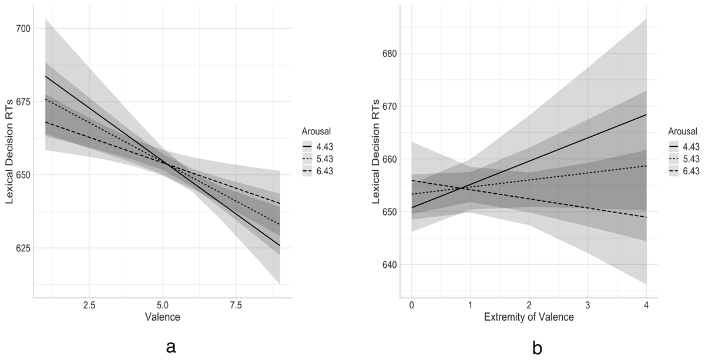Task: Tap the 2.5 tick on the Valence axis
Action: tap(89, 305)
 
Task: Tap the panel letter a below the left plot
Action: tap(171, 347)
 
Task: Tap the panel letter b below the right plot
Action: tap(537, 347)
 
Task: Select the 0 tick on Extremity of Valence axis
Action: tap(411, 305)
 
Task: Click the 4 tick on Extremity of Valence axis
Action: tap(646, 305)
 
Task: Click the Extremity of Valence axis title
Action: tap(528, 318)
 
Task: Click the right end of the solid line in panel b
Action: tap(646, 115)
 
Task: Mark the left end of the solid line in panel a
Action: tap(45, 76)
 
